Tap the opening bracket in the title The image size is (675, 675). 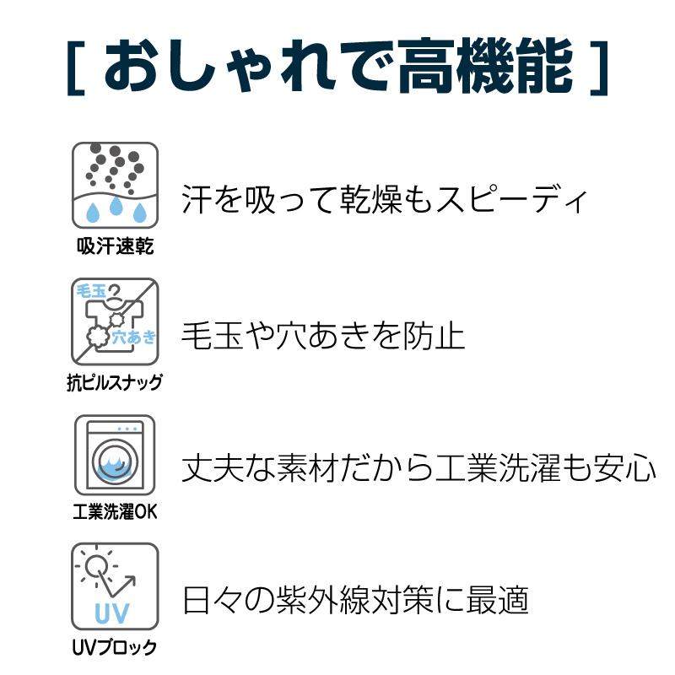pos(76,67)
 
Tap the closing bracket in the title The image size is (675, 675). pos(599,67)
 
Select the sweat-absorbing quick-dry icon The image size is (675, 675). pos(115,185)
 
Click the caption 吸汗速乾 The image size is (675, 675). pos(115,246)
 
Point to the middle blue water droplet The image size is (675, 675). pos(116,205)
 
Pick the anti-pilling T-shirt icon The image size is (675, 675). pos(115,321)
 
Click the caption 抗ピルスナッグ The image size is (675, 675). pos(115,382)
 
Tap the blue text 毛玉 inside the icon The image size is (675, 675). pos(91,291)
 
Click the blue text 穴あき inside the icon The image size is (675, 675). pos(133,337)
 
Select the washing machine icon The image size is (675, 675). pos(115,455)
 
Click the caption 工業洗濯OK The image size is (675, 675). pos(115,512)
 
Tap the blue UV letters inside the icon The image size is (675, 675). pos(112,613)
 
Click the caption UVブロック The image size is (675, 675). pos(115,647)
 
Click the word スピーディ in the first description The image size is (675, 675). pos(511,199)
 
